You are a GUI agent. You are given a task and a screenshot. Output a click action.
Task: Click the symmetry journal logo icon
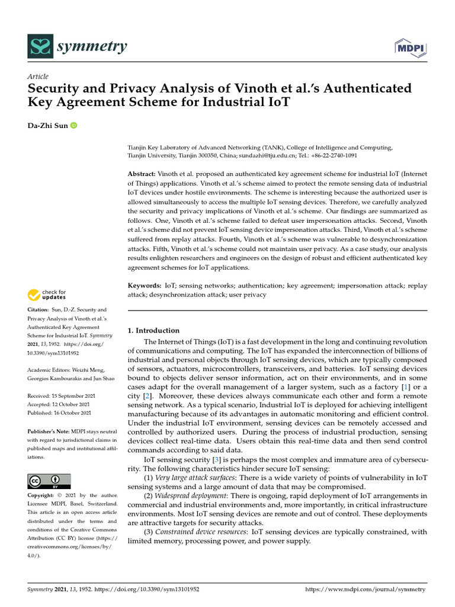(40, 46)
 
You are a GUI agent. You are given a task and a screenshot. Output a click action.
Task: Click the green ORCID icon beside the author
(74, 126)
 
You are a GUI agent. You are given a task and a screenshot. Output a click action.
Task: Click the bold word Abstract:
(142, 174)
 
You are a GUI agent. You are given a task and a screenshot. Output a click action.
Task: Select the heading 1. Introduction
(154, 330)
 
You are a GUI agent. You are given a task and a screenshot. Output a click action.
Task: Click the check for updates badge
(47, 294)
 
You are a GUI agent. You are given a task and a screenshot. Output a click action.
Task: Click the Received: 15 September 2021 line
(59, 395)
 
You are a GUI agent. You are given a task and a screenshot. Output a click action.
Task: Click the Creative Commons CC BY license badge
(49, 481)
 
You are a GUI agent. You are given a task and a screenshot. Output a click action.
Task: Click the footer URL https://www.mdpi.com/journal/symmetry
(365, 590)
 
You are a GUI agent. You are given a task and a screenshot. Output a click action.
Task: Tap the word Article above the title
(38, 76)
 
